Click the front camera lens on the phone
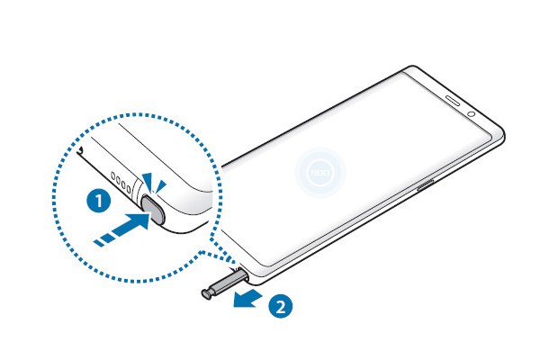coord(471,115)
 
